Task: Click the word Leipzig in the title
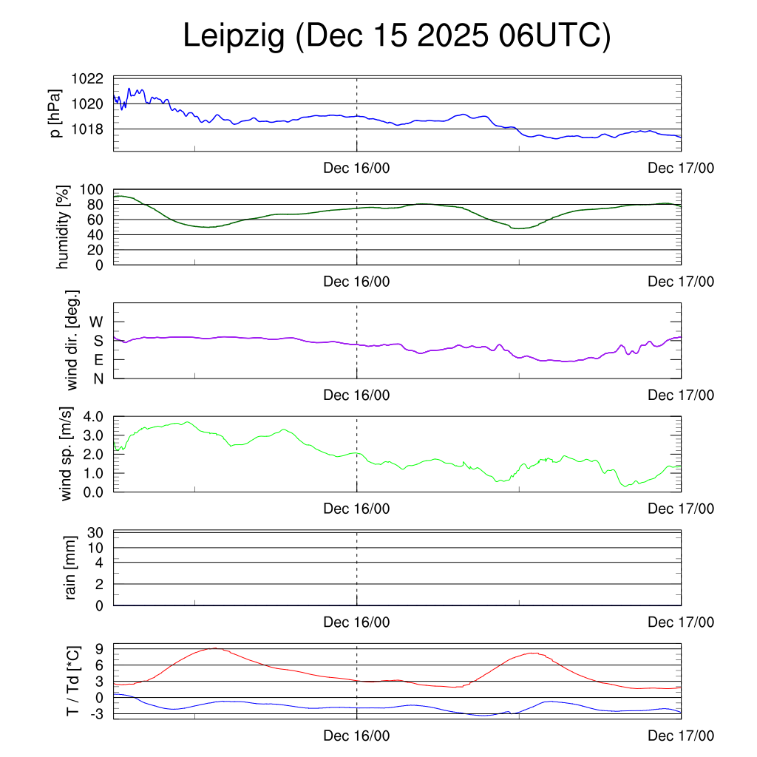tap(234, 37)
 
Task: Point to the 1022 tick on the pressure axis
tap(89, 78)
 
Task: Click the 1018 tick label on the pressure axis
tap(89, 129)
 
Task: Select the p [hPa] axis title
tap(55, 113)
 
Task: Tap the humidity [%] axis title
tap(64, 226)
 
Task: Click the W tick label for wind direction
tap(97, 322)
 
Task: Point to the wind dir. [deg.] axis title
tap(72, 341)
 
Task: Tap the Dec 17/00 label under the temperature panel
tap(681, 736)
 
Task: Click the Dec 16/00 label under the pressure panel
tap(356, 168)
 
